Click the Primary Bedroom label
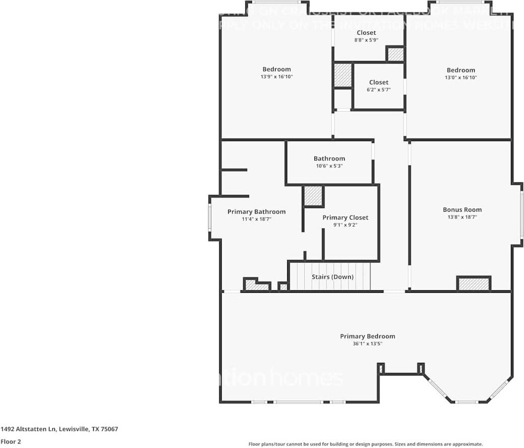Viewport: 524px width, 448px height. pyautogui.click(x=367, y=336)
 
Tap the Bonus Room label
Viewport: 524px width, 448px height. pyautogui.click(x=462, y=210)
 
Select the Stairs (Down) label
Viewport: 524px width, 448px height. pyautogui.click(x=333, y=277)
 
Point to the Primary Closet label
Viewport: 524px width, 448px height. pyautogui.click(x=345, y=218)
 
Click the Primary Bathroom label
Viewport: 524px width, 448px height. pyautogui.click(x=256, y=212)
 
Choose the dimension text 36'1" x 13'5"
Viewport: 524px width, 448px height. pyautogui.click(x=367, y=344)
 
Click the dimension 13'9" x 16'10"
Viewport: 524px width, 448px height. pyautogui.click(x=277, y=77)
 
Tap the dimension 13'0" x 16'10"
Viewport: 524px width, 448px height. pyautogui.click(x=461, y=78)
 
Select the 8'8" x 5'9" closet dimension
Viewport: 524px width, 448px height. pyautogui.click(x=366, y=40)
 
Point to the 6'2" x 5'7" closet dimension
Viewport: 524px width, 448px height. pyautogui.click(x=378, y=90)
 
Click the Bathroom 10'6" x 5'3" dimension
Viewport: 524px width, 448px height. pyautogui.click(x=329, y=166)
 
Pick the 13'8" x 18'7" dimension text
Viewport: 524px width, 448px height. pyautogui.click(x=462, y=217)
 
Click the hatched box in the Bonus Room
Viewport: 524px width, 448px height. pyautogui.click(x=474, y=284)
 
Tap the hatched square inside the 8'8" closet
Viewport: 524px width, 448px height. pyautogui.click(x=395, y=54)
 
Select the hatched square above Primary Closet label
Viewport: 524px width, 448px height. pyautogui.click(x=313, y=196)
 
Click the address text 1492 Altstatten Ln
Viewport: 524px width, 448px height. pyautogui.click(x=59, y=429)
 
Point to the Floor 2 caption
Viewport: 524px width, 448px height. pyautogui.click(x=11, y=441)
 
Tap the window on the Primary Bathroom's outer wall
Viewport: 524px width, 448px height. pyautogui.click(x=210, y=218)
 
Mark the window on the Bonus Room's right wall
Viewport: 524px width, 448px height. pyautogui.click(x=521, y=214)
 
